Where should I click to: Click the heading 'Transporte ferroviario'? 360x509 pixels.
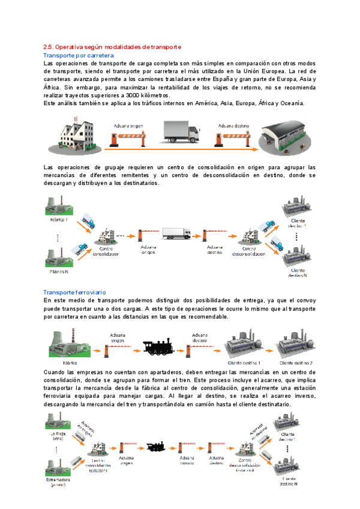point(75,292)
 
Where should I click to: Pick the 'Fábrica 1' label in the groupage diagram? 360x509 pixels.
point(59,220)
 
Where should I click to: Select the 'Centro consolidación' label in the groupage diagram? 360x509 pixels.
point(105,250)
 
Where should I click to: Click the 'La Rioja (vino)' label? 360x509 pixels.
point(58,436)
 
